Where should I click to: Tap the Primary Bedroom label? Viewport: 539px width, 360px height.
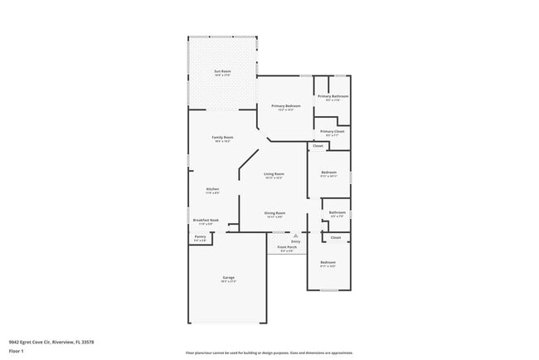pyautogui.click(x=285, y=106)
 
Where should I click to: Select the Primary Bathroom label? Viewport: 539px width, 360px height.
pyautogui.click(x=333, y=96)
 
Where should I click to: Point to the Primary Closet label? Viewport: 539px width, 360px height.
pyautogui.click(x=333, y=131)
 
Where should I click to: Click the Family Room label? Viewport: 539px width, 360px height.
pyautogui.click(x=222, y=137)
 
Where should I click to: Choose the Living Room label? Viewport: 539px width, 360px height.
pyautogui.click(x=274, y=173)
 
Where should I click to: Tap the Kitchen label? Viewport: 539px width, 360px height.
pyautogui.click(x=213, y=189)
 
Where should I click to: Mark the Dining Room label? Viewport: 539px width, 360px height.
pyautogui.click(x=274, y=213)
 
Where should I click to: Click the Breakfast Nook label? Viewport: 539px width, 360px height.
pyautogui.click(x=208, y=220)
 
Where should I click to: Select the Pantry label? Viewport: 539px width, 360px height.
pyautogui.click(x=200, y=236)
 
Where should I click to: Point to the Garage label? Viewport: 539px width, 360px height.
pyautogui.click(x=228, y=277)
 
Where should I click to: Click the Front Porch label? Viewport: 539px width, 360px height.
pyautogui.click(x=286, y=247)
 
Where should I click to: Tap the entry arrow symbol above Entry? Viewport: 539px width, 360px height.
pyautogui.click(x=295, y=236)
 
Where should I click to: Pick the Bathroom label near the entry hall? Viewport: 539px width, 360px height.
pyautogui.click(x=337, y=212)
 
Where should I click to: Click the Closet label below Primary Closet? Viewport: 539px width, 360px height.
pyautogui.click(x=318, y=146)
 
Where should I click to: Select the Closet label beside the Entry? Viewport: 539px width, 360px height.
pyautogui.click(x=336, y=238)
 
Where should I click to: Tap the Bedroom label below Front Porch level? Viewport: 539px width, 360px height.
pyautogui.click(x=328, y=262)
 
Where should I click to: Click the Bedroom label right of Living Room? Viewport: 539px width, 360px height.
pyautogui.click(x=328, y=172)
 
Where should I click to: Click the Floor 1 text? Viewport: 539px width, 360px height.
pyautogui.click(x=17, y=351)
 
